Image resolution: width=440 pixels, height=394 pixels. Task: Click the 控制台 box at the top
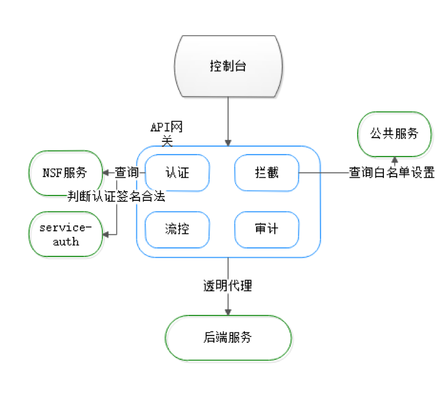pos(228,66)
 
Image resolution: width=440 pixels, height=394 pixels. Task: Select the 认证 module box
pos(177,173)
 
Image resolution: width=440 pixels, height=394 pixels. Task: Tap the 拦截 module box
pos(266,173)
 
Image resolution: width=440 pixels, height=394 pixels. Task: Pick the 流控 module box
pos(177,230)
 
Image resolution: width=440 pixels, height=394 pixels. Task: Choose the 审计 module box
pos(266,230)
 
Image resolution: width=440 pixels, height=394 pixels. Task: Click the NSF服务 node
pos(65,173)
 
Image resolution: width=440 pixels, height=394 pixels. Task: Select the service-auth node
pos(66,234)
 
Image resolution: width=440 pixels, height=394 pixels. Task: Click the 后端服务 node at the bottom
pos(228,338)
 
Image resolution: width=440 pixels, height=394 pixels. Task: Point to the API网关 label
pos(166,133)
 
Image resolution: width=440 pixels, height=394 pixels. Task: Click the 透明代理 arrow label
pos(228,286)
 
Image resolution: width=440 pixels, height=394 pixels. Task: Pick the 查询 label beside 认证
pos(127,173)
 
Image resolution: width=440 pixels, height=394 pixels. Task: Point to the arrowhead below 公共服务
pos(394,160)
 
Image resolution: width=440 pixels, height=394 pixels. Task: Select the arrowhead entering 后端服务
pos(228,312)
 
